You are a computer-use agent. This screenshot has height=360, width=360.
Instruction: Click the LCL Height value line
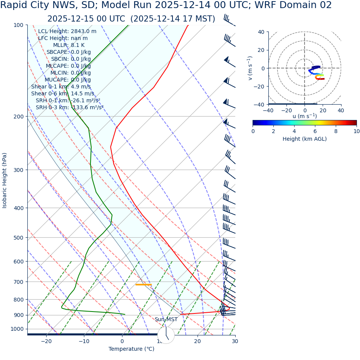tap(67, 32)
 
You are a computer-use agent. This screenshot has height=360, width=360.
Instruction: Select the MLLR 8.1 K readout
tap(69, 45)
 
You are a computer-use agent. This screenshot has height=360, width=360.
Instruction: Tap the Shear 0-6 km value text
tap(62, 94)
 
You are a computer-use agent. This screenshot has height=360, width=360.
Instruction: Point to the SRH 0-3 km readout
tap(69, 108)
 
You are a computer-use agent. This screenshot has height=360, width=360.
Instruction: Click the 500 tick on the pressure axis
tap(18, 238)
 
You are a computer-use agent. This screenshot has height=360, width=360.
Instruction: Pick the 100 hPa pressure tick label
tap(18, 25)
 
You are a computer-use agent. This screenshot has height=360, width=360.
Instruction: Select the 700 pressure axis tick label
tap(18, 282)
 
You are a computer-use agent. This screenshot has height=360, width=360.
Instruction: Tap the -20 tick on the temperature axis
tap(46, 342)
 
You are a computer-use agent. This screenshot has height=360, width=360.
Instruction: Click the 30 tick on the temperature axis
tap(235, 342)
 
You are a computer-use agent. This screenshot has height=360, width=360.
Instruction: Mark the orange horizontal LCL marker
tap(143, 285)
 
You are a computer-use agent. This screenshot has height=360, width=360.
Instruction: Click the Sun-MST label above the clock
tap(166, 320)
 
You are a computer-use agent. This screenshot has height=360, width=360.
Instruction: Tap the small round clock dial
tap(166, 335)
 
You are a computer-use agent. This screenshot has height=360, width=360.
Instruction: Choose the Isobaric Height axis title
tap(5, 180)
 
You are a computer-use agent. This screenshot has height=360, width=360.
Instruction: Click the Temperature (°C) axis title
tap(131, 349)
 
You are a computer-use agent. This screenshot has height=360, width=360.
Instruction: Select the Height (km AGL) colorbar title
tap(305, 139)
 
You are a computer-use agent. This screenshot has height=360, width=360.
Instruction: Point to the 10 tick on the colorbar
tap(357, 131)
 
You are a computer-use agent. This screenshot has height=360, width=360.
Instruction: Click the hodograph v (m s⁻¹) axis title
tap(250, 68)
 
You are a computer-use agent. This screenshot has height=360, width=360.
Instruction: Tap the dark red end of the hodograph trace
tap(323, 79)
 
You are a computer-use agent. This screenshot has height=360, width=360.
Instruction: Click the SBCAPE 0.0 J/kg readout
tap(69, 52)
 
